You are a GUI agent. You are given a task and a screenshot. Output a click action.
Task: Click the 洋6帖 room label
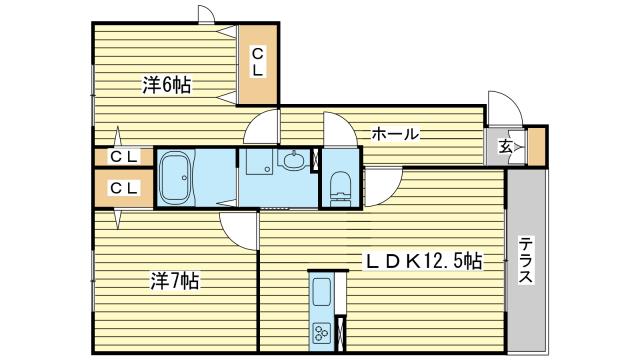(167, 86)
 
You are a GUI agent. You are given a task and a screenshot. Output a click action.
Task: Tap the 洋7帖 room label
(175, 281)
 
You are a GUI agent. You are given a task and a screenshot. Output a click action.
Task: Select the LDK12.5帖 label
(422, 261)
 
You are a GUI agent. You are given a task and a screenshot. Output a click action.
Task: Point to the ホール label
(395, 134)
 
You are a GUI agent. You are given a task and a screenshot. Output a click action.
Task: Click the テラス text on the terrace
(526, 262)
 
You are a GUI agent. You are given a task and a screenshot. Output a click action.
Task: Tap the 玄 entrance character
(506, 148)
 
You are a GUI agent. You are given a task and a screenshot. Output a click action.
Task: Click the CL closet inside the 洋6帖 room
(257, 62)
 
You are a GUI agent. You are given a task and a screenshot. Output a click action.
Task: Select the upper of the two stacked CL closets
(124, 157)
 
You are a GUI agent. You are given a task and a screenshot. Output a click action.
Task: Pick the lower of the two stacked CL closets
(124, 187)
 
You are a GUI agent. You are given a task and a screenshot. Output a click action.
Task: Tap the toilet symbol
(340, 185)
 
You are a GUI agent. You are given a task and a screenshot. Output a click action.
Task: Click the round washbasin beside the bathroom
(295, 159)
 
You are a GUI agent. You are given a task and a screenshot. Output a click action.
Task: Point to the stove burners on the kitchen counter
(324, 333)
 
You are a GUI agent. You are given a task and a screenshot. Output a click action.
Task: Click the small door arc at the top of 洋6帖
(207, 14)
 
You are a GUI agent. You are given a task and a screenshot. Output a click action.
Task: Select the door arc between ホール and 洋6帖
(262, 128)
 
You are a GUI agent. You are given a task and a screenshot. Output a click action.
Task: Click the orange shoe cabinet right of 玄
(537, 147)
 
